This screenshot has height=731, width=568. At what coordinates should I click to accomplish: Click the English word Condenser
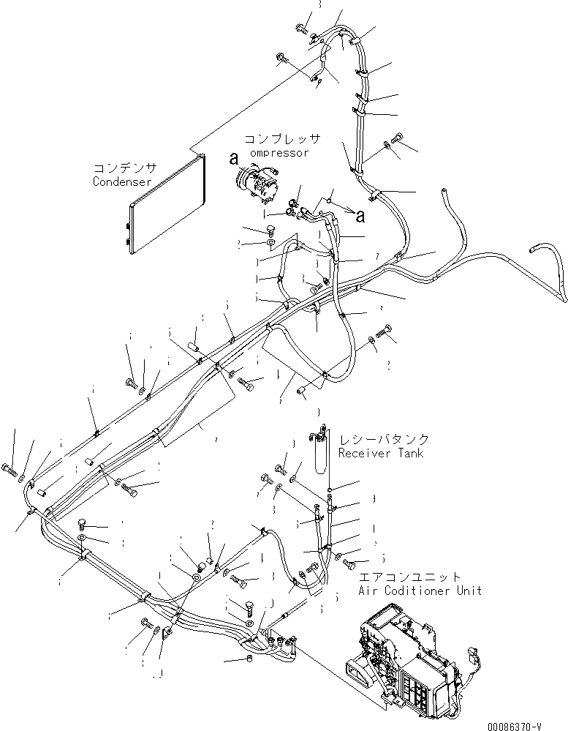(x=121, y=181)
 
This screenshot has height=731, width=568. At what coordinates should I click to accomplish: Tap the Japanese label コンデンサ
(x=121, y=168)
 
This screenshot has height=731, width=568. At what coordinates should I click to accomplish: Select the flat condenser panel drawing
(x=164, y=206)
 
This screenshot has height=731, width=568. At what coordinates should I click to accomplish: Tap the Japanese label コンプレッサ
(x=282, y=139)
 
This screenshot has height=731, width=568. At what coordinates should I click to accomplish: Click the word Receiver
(x=364, y=454)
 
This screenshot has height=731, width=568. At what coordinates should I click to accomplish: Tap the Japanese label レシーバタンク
(x=383, y=440)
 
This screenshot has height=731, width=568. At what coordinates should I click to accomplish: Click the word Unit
(x=469, y=591)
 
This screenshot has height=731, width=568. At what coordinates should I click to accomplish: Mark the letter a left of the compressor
(x=234, y=158)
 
